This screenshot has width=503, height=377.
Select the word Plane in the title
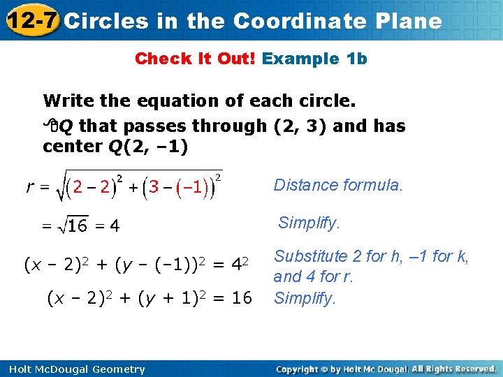pos(410,21)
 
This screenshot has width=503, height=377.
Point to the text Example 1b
pos(314,59)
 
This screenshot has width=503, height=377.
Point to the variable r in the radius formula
pos(31,186)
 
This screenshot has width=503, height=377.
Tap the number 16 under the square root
pos(78,226)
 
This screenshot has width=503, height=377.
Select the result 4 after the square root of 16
pos(115,226)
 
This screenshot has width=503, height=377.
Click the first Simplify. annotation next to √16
pos(309,223)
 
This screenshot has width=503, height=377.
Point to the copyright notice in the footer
pos(386,369)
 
